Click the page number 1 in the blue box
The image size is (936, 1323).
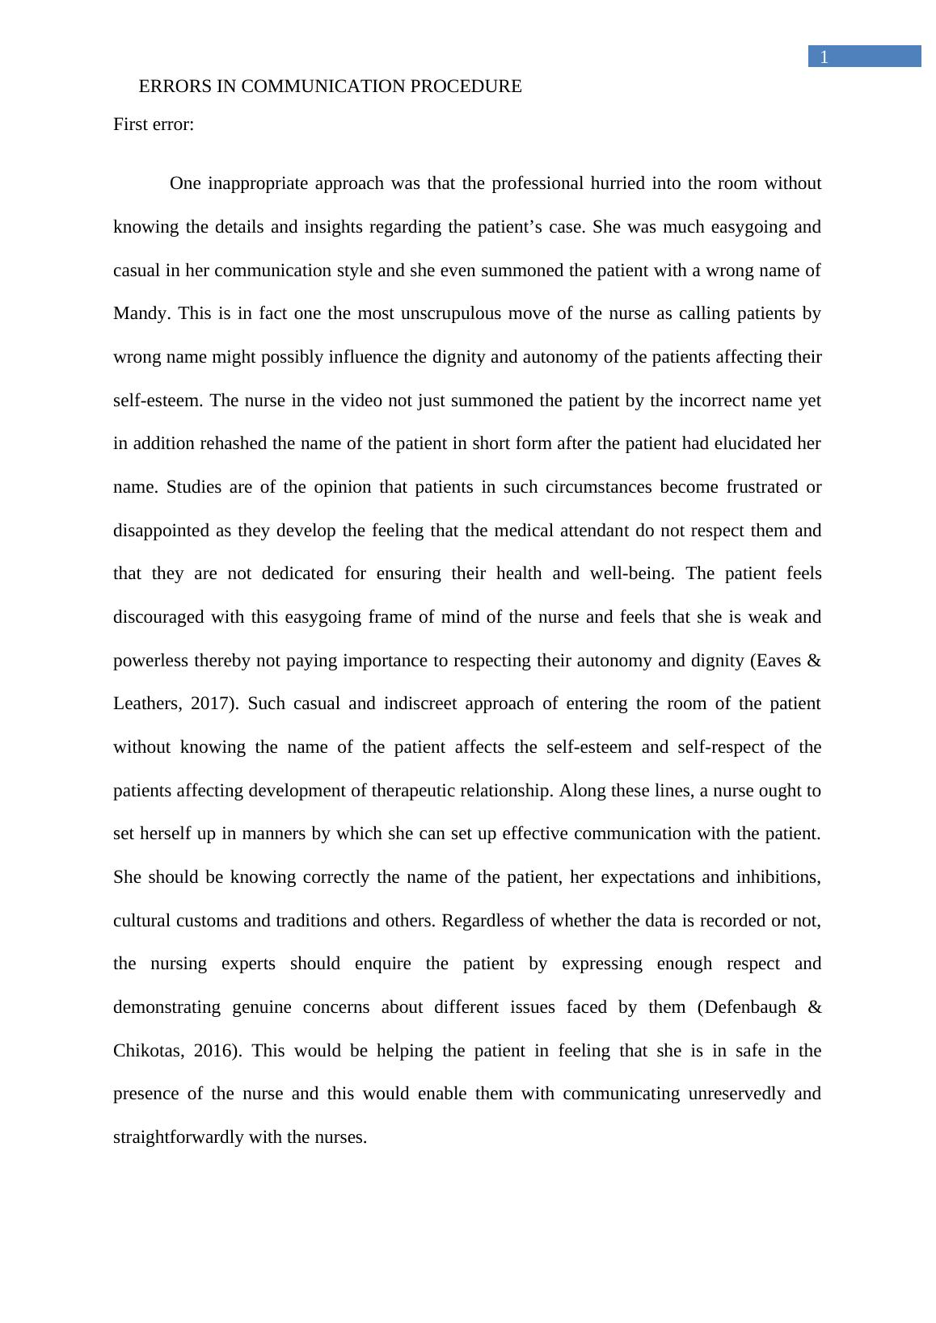824,57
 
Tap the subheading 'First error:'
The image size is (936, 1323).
154,124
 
